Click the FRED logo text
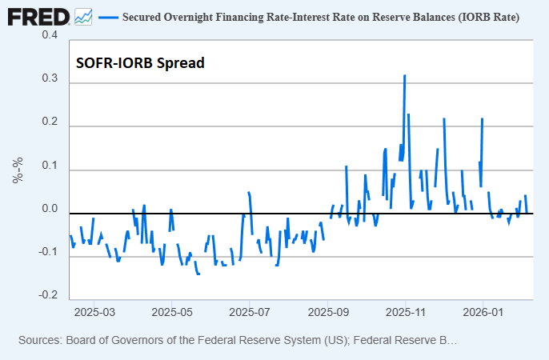point(38,16)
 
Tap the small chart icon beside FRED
point(83,16)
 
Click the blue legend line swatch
point(107,17)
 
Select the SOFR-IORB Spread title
point(140,62)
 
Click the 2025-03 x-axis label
point(94,312)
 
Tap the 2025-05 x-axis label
point(172,312)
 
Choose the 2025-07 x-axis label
point(250,312)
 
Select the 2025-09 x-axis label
point(328,312)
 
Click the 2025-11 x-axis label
point(406,312)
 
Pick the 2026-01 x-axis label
point(484,312)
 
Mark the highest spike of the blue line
point(405,76)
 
